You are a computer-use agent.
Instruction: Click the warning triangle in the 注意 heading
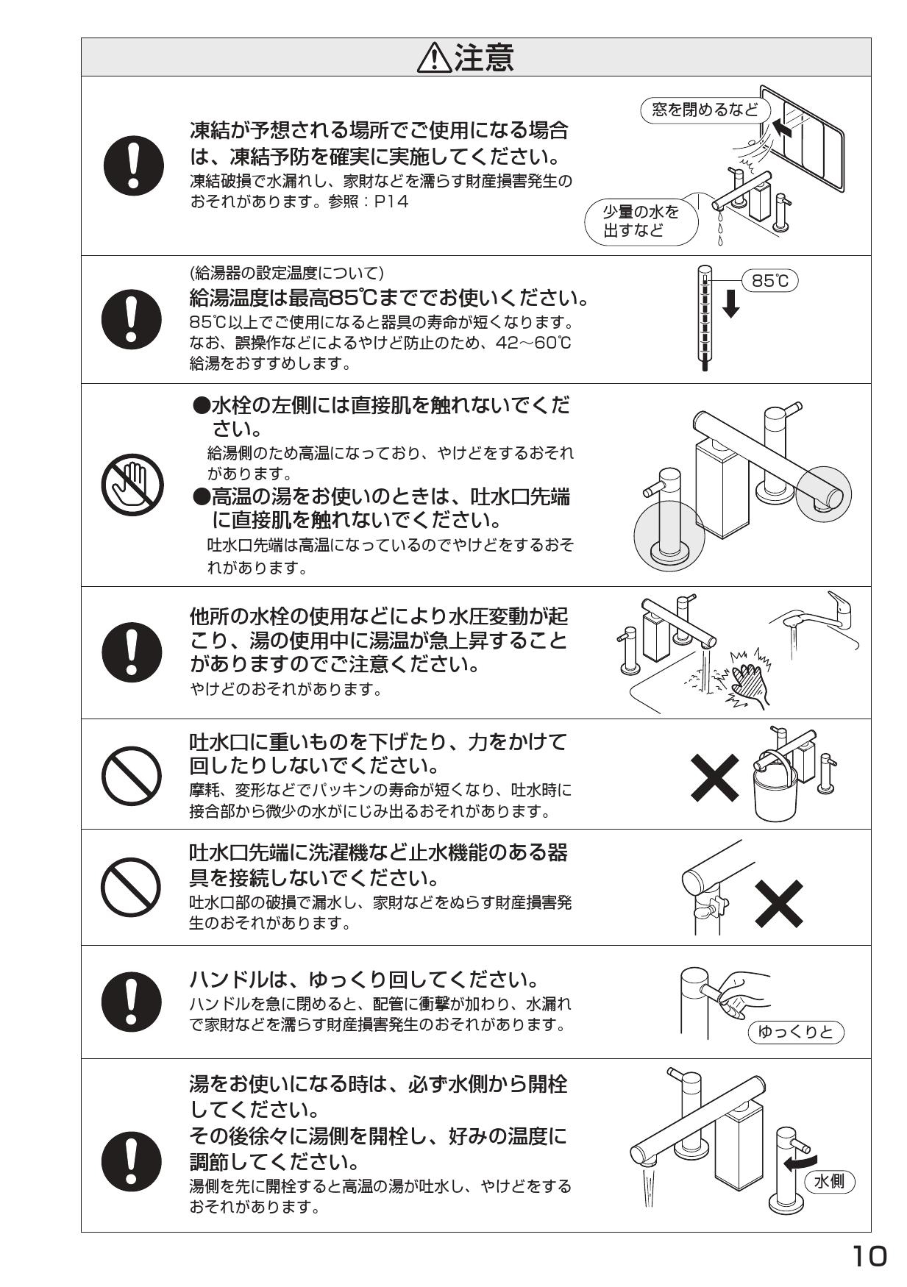coord(435,58)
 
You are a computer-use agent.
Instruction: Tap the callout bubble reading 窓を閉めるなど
coord(705,110)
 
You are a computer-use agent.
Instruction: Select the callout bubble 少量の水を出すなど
coord(641,221)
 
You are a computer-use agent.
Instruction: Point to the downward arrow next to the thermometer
coord(730,304)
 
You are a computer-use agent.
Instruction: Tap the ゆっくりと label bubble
coord(796,1032)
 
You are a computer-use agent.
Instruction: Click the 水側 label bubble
coord(830,1182)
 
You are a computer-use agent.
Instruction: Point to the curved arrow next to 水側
coord(799,1163)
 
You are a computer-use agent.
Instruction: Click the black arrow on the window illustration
coord(785,130)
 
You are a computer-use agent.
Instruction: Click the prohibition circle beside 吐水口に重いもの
coord(132,778)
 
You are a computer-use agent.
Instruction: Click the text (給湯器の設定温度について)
coord(287,274)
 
